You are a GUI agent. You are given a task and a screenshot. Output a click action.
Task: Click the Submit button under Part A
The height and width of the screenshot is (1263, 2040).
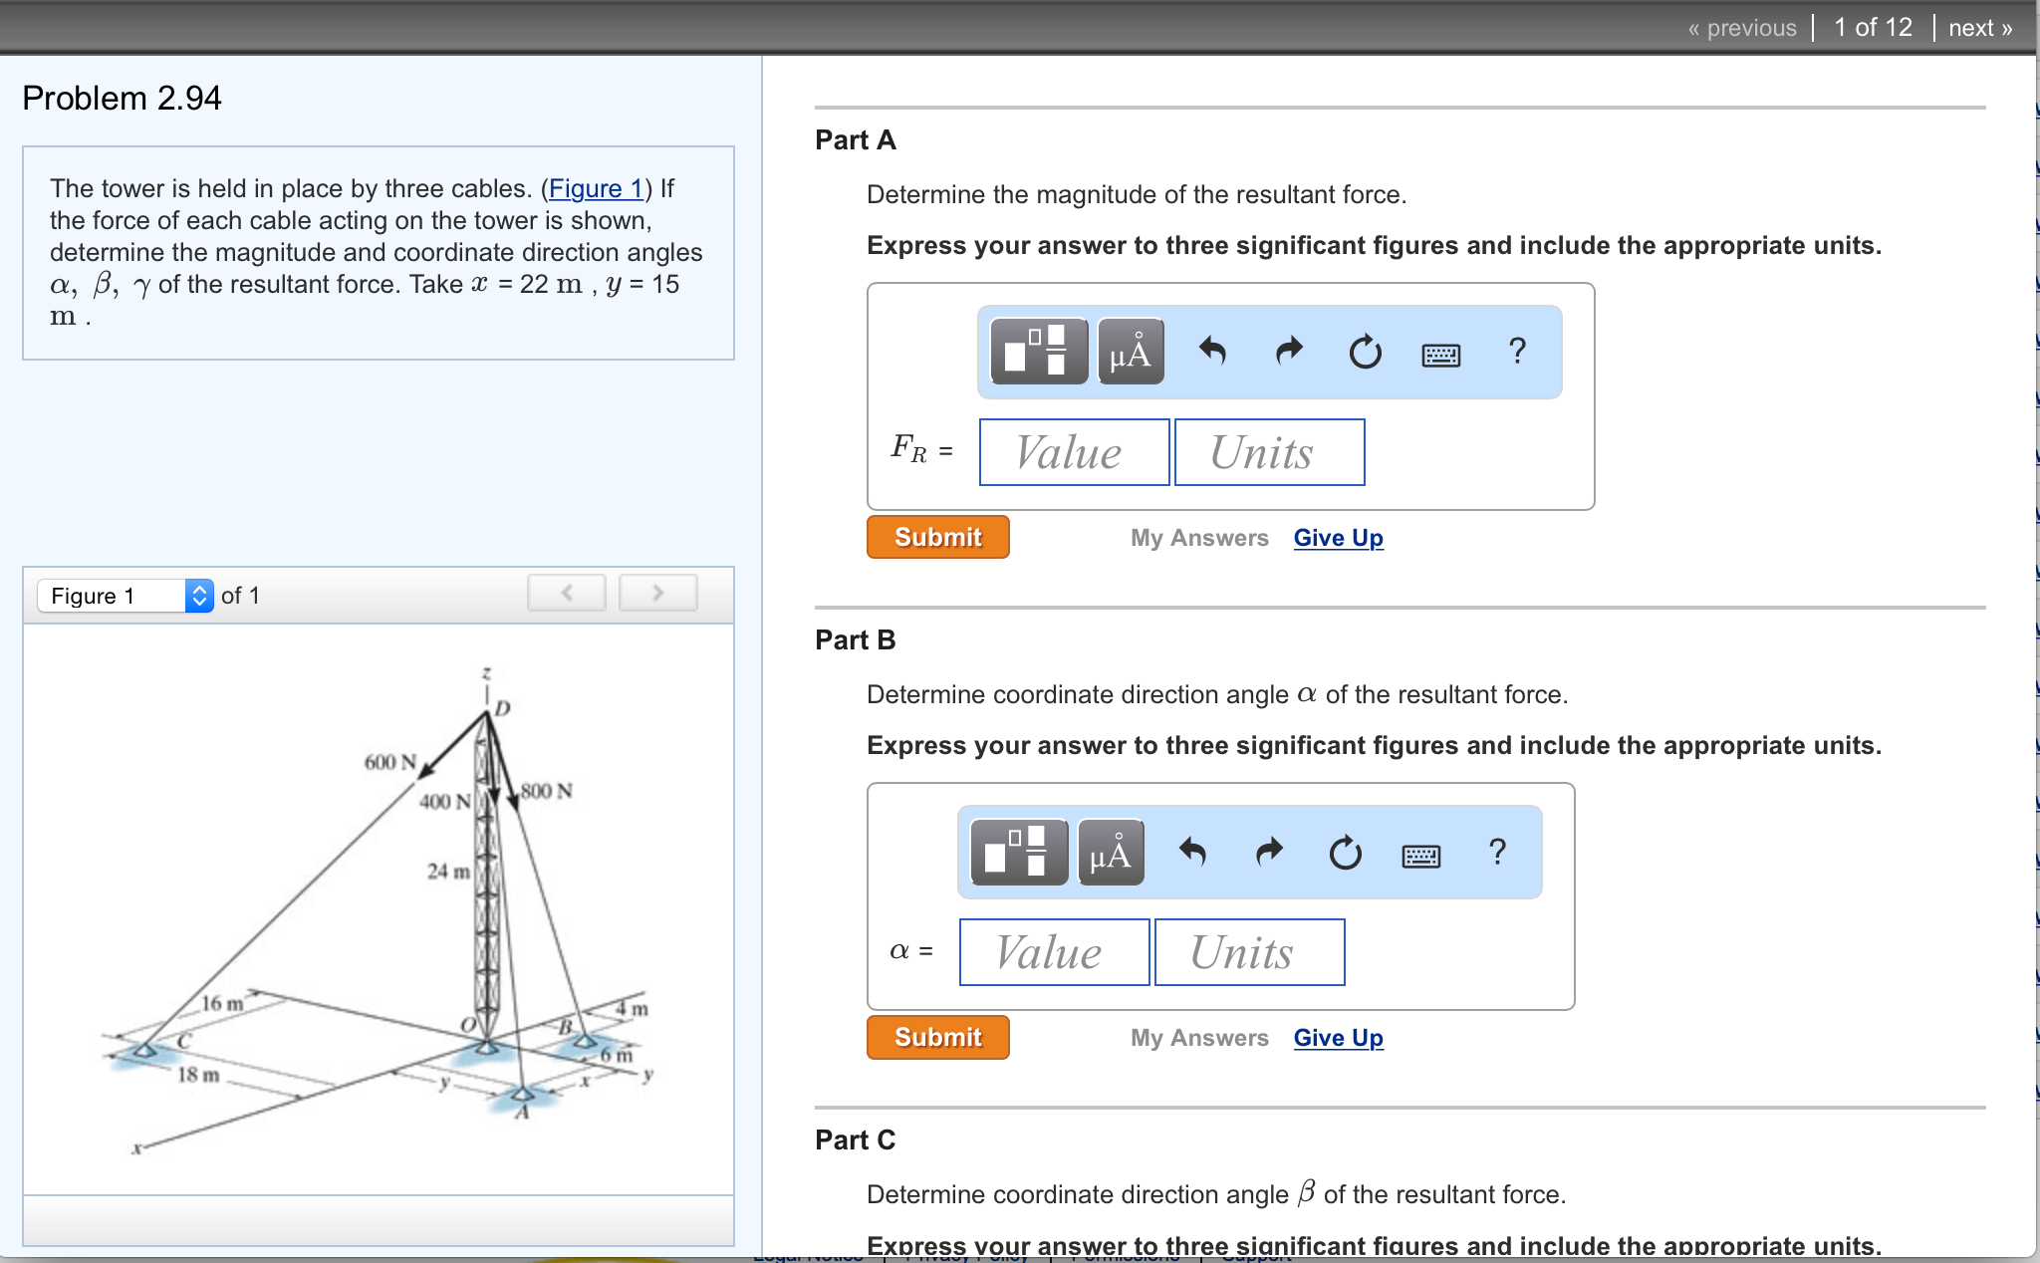coord(937,537)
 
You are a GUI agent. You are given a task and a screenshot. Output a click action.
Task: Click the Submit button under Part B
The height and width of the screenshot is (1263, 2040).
coord(937,1037)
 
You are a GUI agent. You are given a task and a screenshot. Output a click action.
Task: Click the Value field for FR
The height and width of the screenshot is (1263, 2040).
coord(1074,453)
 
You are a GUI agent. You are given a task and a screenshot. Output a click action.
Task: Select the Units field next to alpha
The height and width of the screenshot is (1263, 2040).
coord(1249,953)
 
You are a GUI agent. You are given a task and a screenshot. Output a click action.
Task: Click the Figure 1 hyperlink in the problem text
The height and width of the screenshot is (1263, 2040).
coord(596,188)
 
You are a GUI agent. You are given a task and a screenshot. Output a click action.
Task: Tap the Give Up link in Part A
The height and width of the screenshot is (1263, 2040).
coord(1338,538)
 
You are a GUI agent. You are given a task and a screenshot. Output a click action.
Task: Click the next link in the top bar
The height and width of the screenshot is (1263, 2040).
coord(1979,28)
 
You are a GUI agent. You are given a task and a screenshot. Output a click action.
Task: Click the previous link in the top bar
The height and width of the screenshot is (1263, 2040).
coord(1742,28)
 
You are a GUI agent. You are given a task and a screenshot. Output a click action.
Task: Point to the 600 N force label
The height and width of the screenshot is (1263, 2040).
coord(389,762)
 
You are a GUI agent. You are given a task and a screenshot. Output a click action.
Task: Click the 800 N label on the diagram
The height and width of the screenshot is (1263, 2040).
coord(546,791)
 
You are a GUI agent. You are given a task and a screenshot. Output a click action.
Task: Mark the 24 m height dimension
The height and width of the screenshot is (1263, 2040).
coord(448,872)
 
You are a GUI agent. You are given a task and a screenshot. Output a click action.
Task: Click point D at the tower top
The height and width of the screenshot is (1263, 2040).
coord(502,708)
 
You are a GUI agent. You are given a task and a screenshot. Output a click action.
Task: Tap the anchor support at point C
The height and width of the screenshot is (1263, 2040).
coord(146,1050)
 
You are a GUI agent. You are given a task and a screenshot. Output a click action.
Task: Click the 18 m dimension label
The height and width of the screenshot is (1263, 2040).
coord(198,1075)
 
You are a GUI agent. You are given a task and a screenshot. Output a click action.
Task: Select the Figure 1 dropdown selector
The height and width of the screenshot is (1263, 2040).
coord(126,596)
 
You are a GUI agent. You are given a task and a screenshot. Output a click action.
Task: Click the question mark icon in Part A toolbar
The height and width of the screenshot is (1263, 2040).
coord(1517,352)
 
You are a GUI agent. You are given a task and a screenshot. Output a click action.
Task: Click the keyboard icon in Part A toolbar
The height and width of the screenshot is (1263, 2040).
coord(1440,354)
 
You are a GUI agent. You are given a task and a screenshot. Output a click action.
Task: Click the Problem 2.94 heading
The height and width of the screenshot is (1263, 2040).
coord(122,98)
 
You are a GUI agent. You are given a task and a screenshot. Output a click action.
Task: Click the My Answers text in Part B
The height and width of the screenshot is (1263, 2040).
coord(1198,1038)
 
